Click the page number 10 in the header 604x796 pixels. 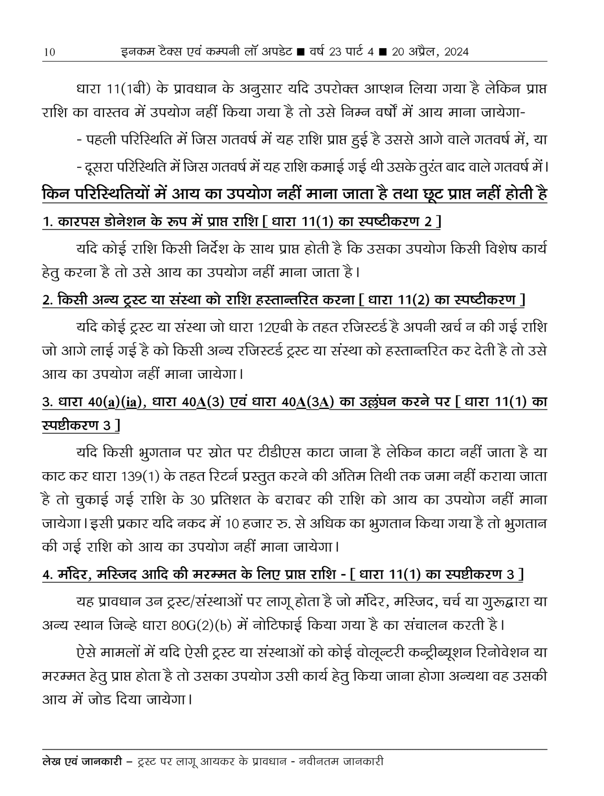point(49,52)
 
